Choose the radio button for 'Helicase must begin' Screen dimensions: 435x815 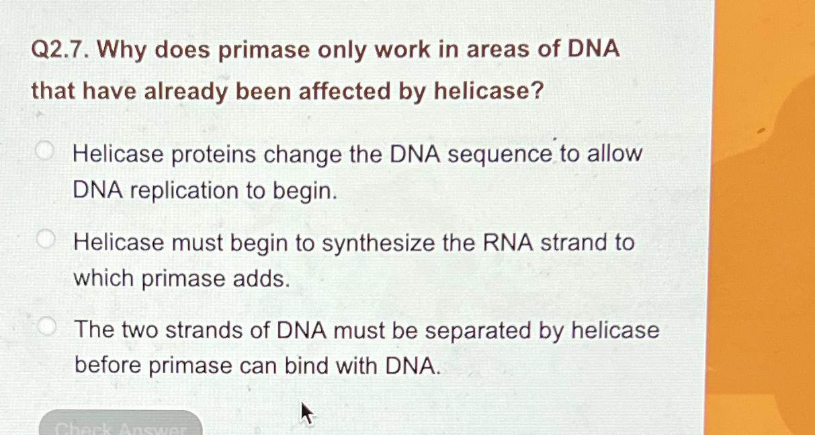click(45, 239)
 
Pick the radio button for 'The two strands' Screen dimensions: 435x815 click(46, 327)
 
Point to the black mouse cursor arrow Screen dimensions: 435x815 click(306, 411)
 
